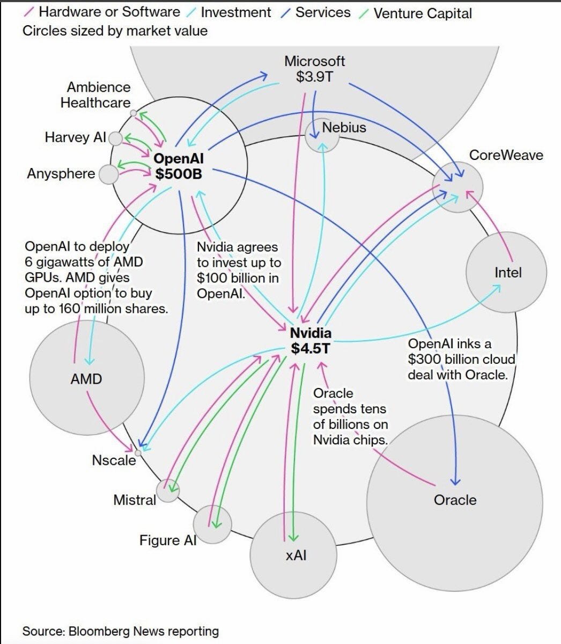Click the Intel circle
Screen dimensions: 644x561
506,272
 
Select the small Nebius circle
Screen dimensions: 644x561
322,135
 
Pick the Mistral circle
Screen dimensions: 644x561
168,491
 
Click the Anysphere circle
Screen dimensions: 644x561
109,174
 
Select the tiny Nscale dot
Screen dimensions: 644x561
138,453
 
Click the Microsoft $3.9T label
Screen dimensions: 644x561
315,69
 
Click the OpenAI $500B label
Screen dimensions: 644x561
179,166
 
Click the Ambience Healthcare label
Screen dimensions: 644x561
95,94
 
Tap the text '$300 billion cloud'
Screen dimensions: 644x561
461,359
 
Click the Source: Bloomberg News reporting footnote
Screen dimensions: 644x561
121,631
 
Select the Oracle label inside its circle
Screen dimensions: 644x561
455,500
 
